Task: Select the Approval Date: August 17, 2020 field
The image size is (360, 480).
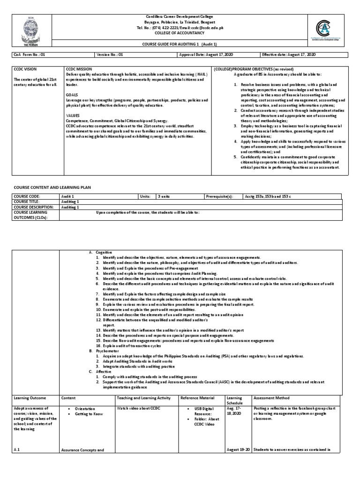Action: tap(206, 55)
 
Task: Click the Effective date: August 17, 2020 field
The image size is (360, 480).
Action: tap(289, 55)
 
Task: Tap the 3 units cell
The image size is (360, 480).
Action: tap(164, 196)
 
